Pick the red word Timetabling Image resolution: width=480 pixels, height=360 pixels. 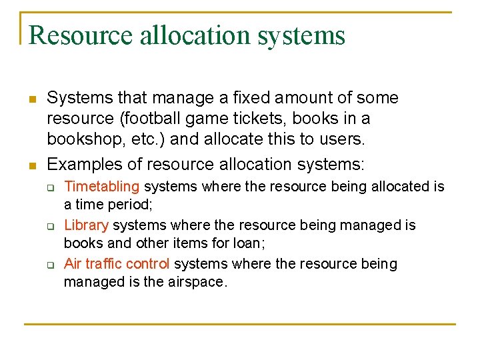(101, 187)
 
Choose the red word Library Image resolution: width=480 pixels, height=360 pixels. (86, 225)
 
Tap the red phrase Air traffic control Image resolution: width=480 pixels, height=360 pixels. (117, 264)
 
